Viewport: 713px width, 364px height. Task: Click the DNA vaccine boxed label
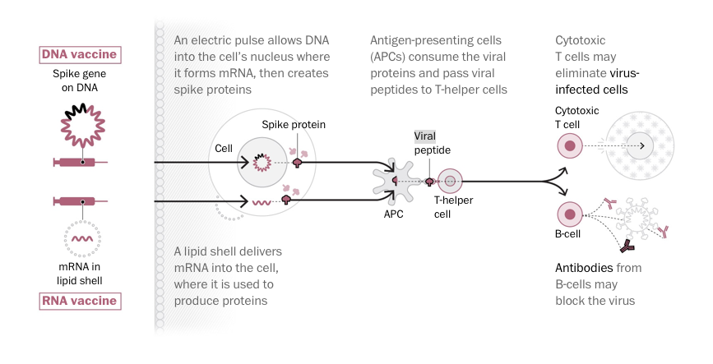point(81,55)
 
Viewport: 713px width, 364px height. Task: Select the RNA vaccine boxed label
point(81,301)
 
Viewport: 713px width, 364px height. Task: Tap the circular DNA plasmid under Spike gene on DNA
point(81,127)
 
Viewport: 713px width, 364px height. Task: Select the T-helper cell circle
point(451,181)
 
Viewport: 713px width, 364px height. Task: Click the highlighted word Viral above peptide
point(424,136)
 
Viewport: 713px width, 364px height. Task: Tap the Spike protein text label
point(294,125)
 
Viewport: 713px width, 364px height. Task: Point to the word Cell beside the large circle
point(224,149)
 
